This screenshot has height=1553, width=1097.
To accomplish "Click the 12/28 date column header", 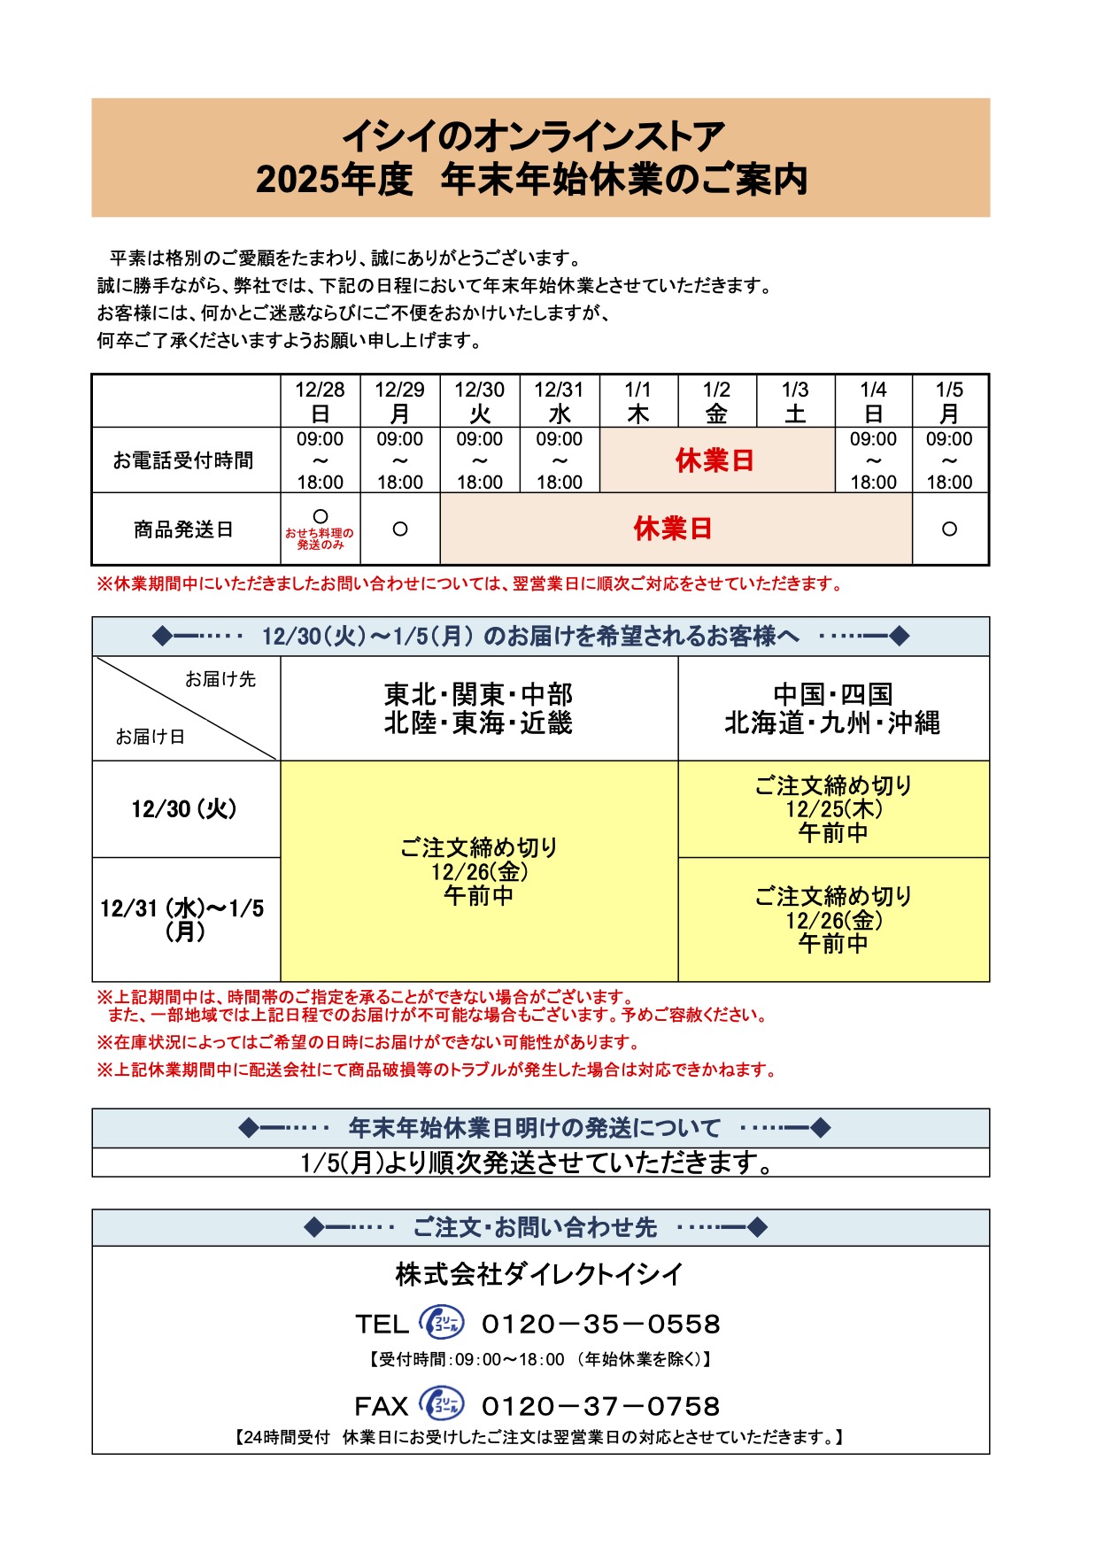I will [x=320, y=401].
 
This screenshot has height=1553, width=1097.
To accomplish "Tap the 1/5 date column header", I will [x=949, y=401].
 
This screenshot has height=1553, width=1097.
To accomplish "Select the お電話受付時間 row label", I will [x=183, y=460].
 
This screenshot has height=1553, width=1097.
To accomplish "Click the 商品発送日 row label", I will [x=183, y=529].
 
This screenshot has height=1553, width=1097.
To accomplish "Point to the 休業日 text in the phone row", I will [x=715, y=460].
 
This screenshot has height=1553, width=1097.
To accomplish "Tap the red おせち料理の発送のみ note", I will [x=320, y=539].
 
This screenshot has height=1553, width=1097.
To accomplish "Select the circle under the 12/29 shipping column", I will [x=400, y=529].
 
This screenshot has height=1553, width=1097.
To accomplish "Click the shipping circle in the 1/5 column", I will [x=949, y=529].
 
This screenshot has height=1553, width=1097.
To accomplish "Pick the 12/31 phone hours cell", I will [x=560, y=460].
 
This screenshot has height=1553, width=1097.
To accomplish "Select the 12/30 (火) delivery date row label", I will [x=184, y=809].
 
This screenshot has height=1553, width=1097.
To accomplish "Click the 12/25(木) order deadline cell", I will [x=833, y=809].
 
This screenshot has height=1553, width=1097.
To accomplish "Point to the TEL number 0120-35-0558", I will [x=600, y=1325].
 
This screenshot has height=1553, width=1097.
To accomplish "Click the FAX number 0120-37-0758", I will [x=600, y=1406].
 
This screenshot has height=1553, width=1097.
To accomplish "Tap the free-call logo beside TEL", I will [x=441, y=1323].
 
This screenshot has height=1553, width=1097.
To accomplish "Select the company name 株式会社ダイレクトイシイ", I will [x=539, y=1275].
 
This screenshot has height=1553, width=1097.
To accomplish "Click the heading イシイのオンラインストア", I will [x=534, y=137].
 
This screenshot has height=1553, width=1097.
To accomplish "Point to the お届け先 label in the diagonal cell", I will [x=220, y=679].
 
